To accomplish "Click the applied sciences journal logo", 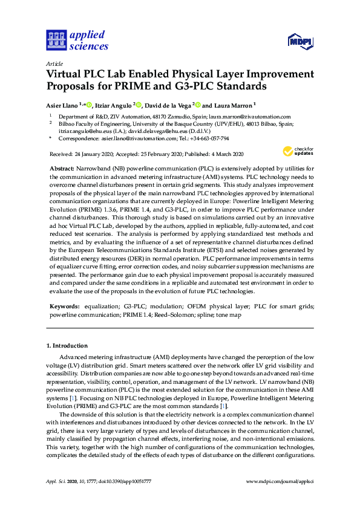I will pyautogui.click(x=77, y=41).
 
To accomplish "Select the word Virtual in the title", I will pyautogui.click(x=66, y=74).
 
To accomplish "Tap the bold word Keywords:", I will pyautogui.click(x=64, y=306).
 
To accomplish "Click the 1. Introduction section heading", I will pyautogui.click(x=67, y=346).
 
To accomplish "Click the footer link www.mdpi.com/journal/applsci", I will pyautogui.click(x=280, y=481).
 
